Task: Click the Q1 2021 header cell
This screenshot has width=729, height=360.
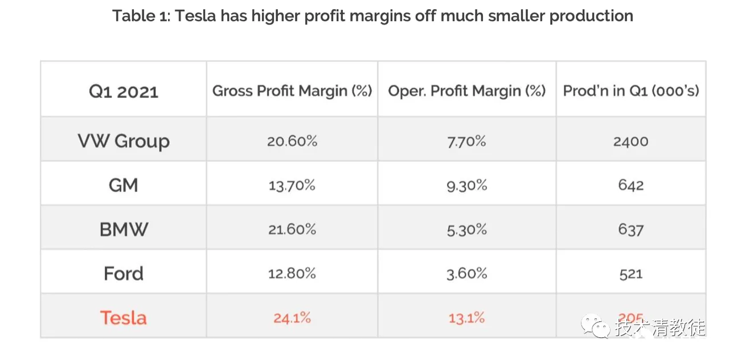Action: tap(123, 92)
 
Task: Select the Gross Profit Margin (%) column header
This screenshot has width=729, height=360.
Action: tap(292, 91)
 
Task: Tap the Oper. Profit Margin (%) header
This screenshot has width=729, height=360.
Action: tap(466, 91)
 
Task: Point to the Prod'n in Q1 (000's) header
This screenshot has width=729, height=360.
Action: tap(631, 91)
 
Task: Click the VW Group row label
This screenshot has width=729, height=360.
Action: tap(124, 141)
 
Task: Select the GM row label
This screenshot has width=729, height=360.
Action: tap(124, 185)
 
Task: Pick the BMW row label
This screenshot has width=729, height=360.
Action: tap(124, 230)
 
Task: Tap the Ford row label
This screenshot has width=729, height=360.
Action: tap(124, 274)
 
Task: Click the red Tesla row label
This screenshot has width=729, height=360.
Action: tap(124, 318)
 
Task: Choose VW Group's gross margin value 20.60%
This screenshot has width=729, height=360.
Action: tap(292, 141)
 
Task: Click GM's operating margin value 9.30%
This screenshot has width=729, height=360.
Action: tap(466, 185)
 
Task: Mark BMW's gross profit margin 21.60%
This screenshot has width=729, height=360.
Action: tap(292, 230)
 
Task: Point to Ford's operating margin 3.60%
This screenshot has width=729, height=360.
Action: tap(466, 274)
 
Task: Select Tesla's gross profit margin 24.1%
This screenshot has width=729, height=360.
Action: tap(292, 318)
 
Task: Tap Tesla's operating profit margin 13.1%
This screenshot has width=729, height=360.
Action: tap(466, 318)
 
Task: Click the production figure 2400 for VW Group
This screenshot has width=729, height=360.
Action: tap(630, 141)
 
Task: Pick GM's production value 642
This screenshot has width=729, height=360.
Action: tap(630, 185)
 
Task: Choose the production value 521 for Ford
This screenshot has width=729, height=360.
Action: tap(630, 274)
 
